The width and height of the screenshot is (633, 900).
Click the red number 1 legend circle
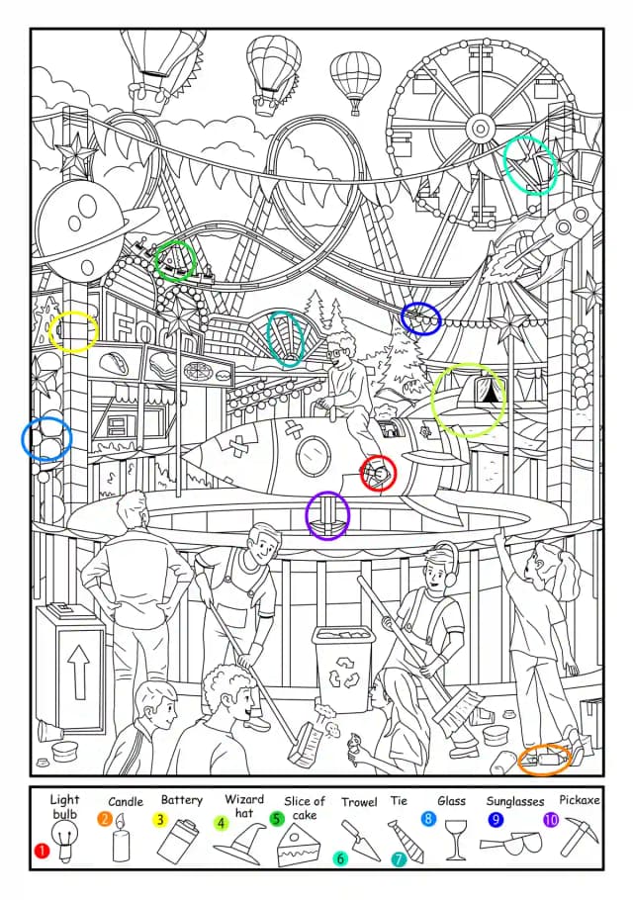[x=42, y=851]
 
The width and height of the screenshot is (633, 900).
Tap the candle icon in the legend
[x=121, y=839]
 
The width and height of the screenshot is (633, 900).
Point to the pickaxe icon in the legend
[x=579, y=837]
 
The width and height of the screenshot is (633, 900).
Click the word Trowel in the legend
[x=359, y=802]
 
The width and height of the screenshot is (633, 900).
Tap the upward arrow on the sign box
[x=78, y=671]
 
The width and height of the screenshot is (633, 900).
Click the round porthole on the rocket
[x=314, y=456]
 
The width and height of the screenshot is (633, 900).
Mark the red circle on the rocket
[x=378, y=474]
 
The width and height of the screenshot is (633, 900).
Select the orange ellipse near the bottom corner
[x=544, y=760]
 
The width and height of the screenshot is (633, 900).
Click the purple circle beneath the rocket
[x=327, y=515]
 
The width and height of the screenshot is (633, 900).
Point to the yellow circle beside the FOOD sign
[x=73, y=331]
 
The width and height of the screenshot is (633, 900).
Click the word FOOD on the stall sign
[x=154, y=331]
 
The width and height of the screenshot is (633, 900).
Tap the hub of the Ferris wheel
[x=479, y=128]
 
